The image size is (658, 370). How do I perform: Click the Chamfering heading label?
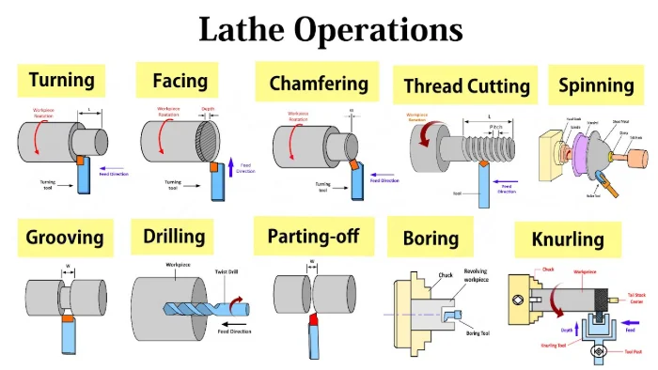click(317, 83)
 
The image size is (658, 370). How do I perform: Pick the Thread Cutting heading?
click(466, 86)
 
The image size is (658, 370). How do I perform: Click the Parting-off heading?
click(315, 236)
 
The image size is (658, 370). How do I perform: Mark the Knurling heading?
click(567, 240)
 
